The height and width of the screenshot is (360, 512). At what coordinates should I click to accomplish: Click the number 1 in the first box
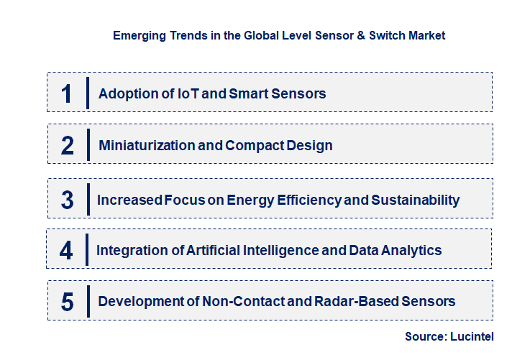pos(67,93)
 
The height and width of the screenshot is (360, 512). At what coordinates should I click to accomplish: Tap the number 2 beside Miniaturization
pos(68,146)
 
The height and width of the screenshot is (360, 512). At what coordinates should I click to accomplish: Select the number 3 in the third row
pos(67,200)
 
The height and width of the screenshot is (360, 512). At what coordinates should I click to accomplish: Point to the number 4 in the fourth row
pos(67,251)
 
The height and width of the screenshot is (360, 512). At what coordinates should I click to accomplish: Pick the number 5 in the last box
pos(68,302)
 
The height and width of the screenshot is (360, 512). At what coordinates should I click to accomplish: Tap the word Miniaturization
pos(147,145)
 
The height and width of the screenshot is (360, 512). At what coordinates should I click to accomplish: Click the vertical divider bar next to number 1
pos(87,93)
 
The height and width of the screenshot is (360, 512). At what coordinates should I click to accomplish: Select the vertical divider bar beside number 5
pos(87,301)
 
